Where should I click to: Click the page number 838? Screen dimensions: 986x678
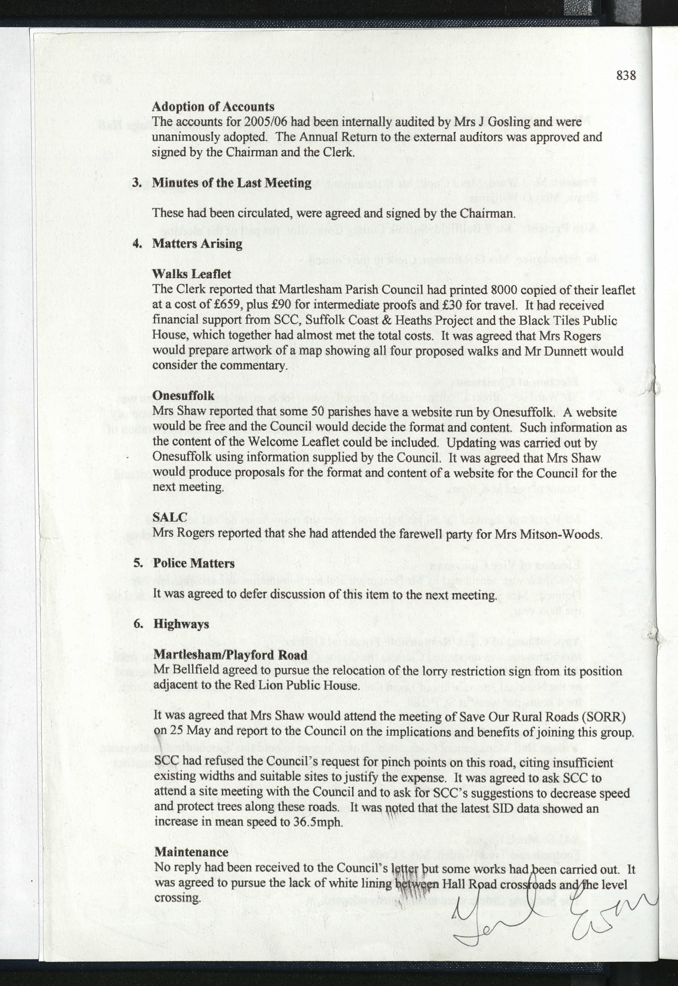coord(626,76)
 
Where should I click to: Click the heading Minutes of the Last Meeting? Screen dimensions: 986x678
coord(232,183)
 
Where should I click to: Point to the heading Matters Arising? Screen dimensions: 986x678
coord(197,244)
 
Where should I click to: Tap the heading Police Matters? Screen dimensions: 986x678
coord(194,563)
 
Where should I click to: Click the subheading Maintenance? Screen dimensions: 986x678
coord(191,852)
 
